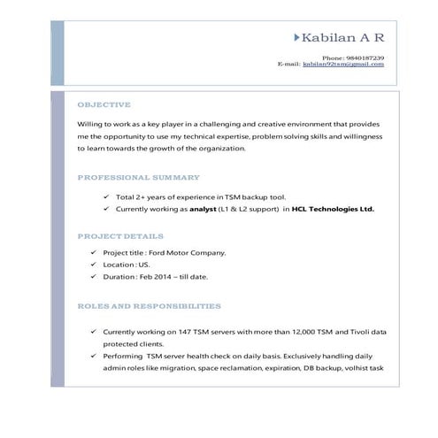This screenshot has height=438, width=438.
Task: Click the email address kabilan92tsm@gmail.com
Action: coord(343,64)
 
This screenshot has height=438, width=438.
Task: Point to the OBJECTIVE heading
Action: coord(104,104)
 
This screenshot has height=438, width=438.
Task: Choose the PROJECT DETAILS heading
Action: coord(119,236)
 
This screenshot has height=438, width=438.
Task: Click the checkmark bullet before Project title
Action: coord(94,252)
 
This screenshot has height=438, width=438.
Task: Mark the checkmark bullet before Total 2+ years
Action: coord(106,197)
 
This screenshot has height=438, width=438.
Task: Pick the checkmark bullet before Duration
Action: coord(94,277)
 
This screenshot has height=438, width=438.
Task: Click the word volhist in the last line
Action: coord(352,367)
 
